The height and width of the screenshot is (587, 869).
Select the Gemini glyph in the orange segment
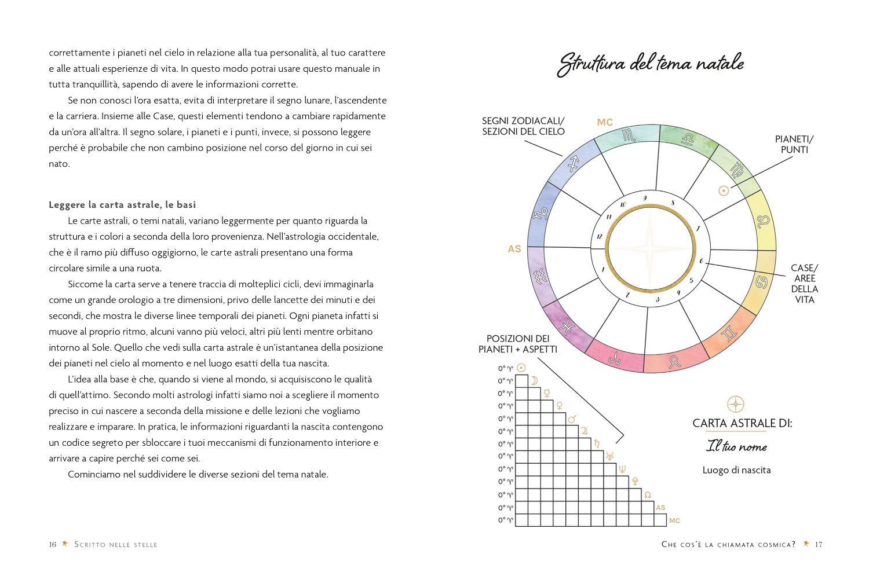(728, 333)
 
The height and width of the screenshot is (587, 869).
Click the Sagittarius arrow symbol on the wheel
(573, 164)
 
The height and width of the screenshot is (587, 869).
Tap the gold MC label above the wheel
(605, 122)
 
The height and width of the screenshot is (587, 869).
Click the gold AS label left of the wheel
(514, 249)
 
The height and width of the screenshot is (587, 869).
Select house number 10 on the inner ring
(623, 204)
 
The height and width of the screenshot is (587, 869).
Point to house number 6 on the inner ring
(701, 261)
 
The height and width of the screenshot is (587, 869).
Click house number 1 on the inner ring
(603, 269)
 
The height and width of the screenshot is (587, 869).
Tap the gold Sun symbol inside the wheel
(723, 190)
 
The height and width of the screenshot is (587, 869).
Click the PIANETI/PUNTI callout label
(794, 144)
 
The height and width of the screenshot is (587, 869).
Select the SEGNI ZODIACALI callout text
(523, 126)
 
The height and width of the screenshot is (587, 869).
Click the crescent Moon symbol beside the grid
(534, 380)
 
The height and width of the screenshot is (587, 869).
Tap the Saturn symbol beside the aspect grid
(597, 444)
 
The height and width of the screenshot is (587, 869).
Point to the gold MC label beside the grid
(674, 521)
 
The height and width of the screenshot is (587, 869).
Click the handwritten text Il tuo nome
(736, 447)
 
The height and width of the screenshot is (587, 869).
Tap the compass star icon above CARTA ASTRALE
(735, 404)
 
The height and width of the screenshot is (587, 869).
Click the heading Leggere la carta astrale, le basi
(122, 205)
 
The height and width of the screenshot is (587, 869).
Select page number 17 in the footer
(819, 544)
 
